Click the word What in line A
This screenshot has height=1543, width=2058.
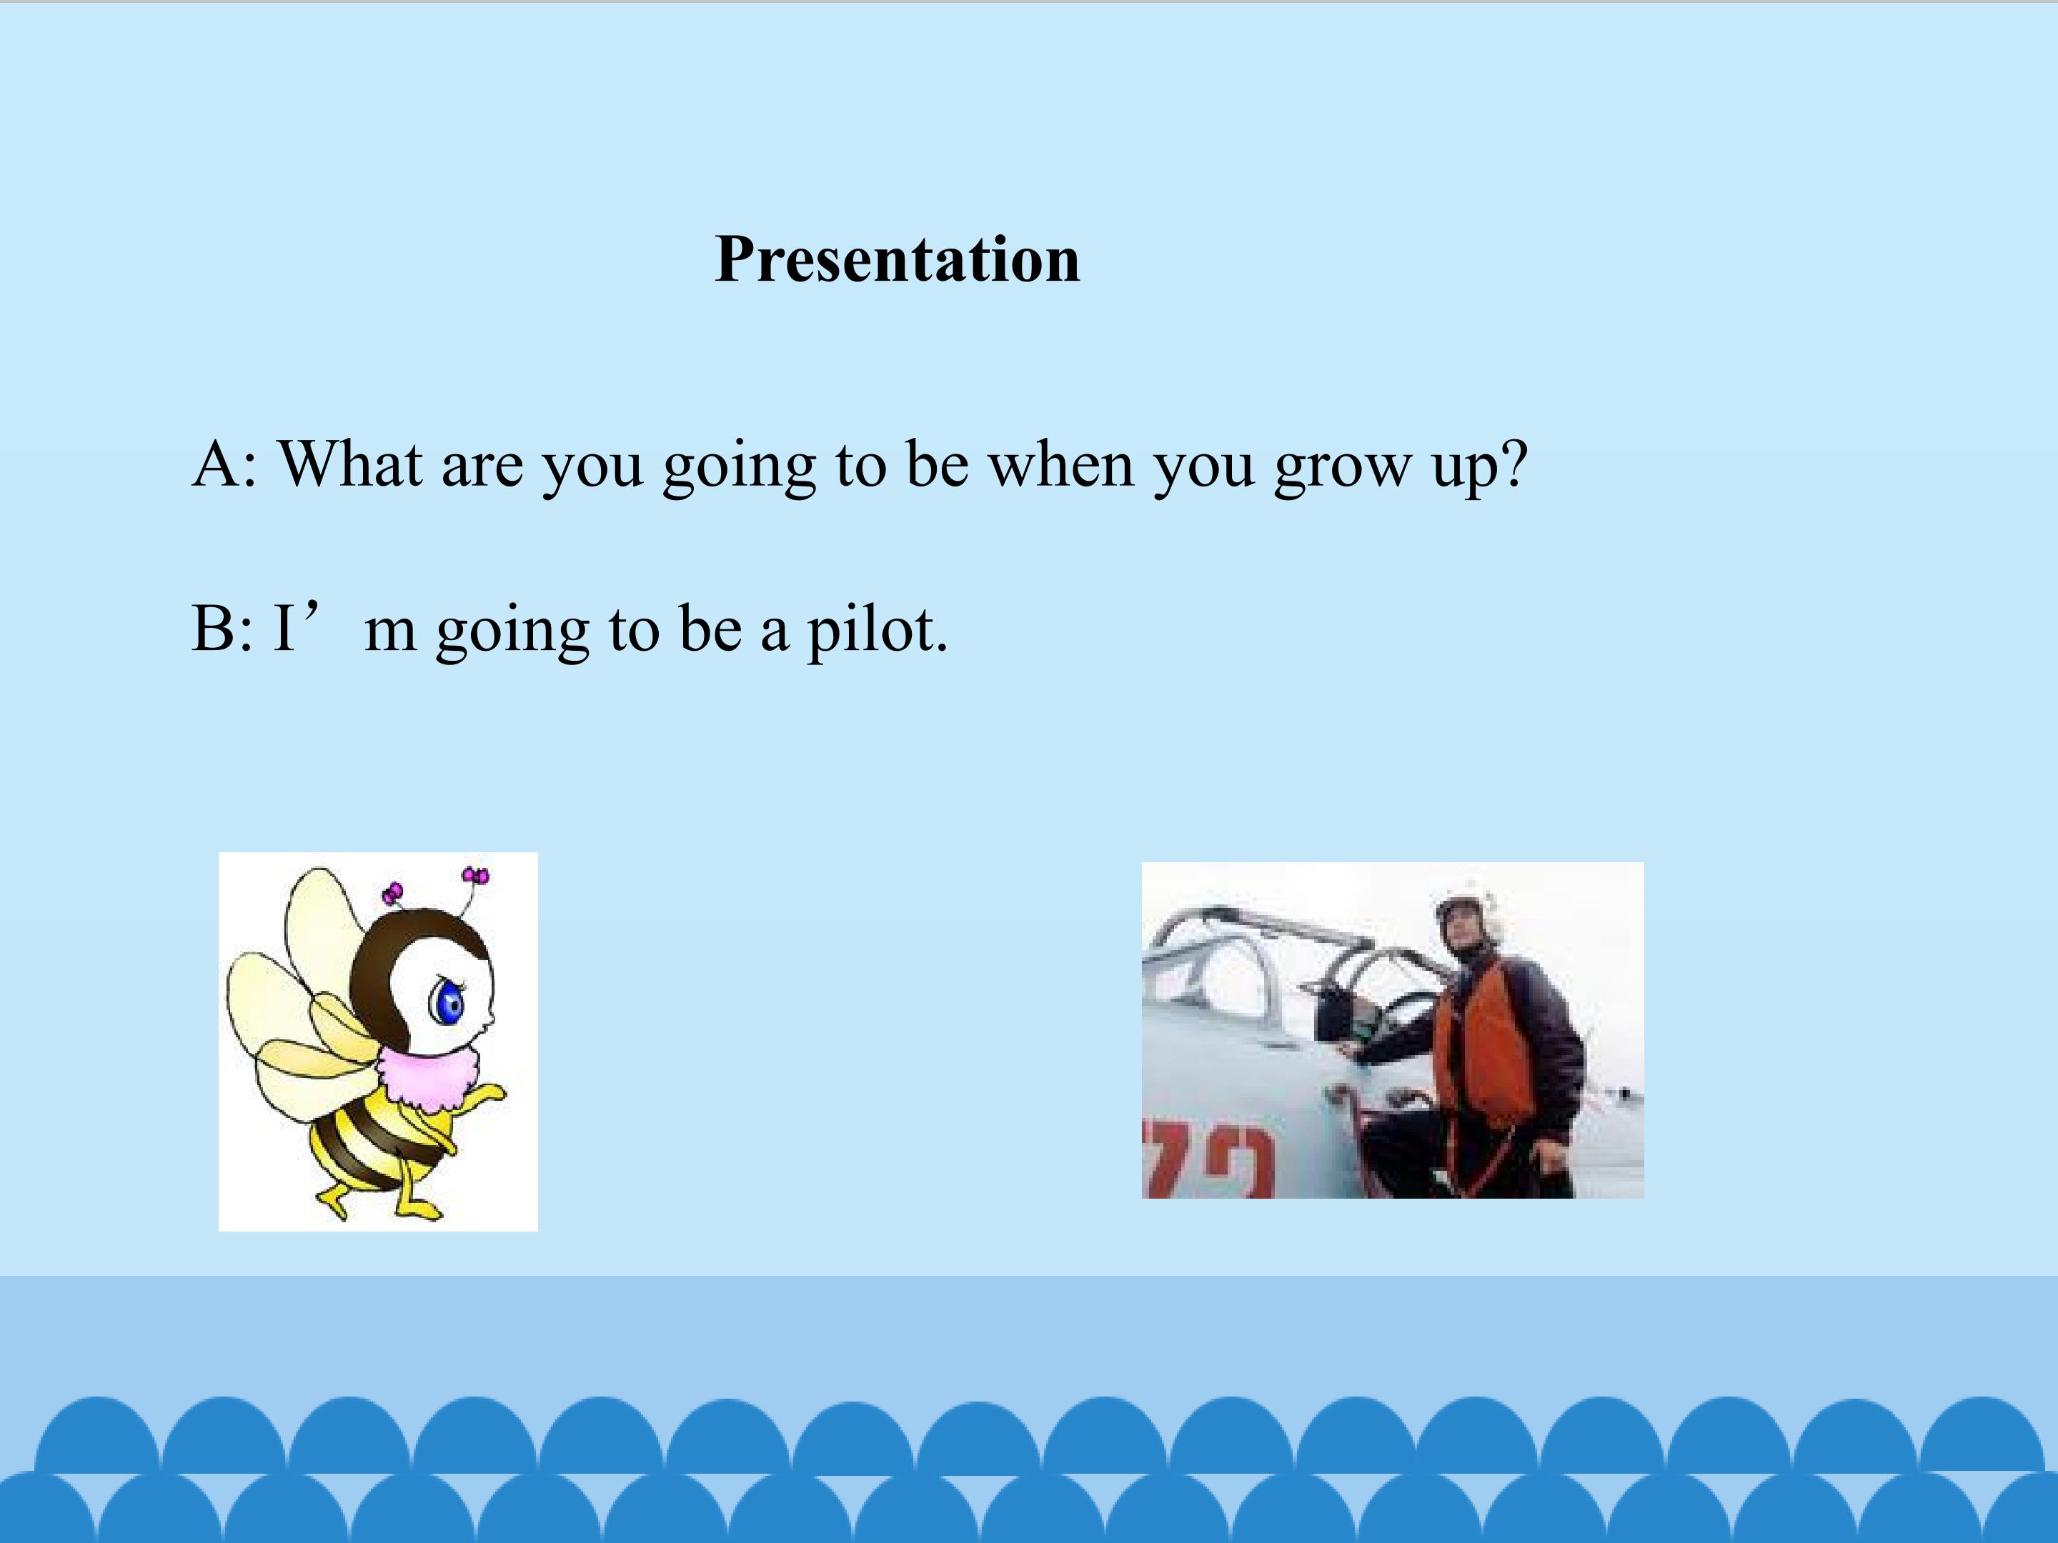(x=351, y=462)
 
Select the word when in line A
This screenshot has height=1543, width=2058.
(x=1060, y=462)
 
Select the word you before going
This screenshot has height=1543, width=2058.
(x=592, y=470)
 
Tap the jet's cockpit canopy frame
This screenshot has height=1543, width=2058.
(x=1275, y=958)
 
